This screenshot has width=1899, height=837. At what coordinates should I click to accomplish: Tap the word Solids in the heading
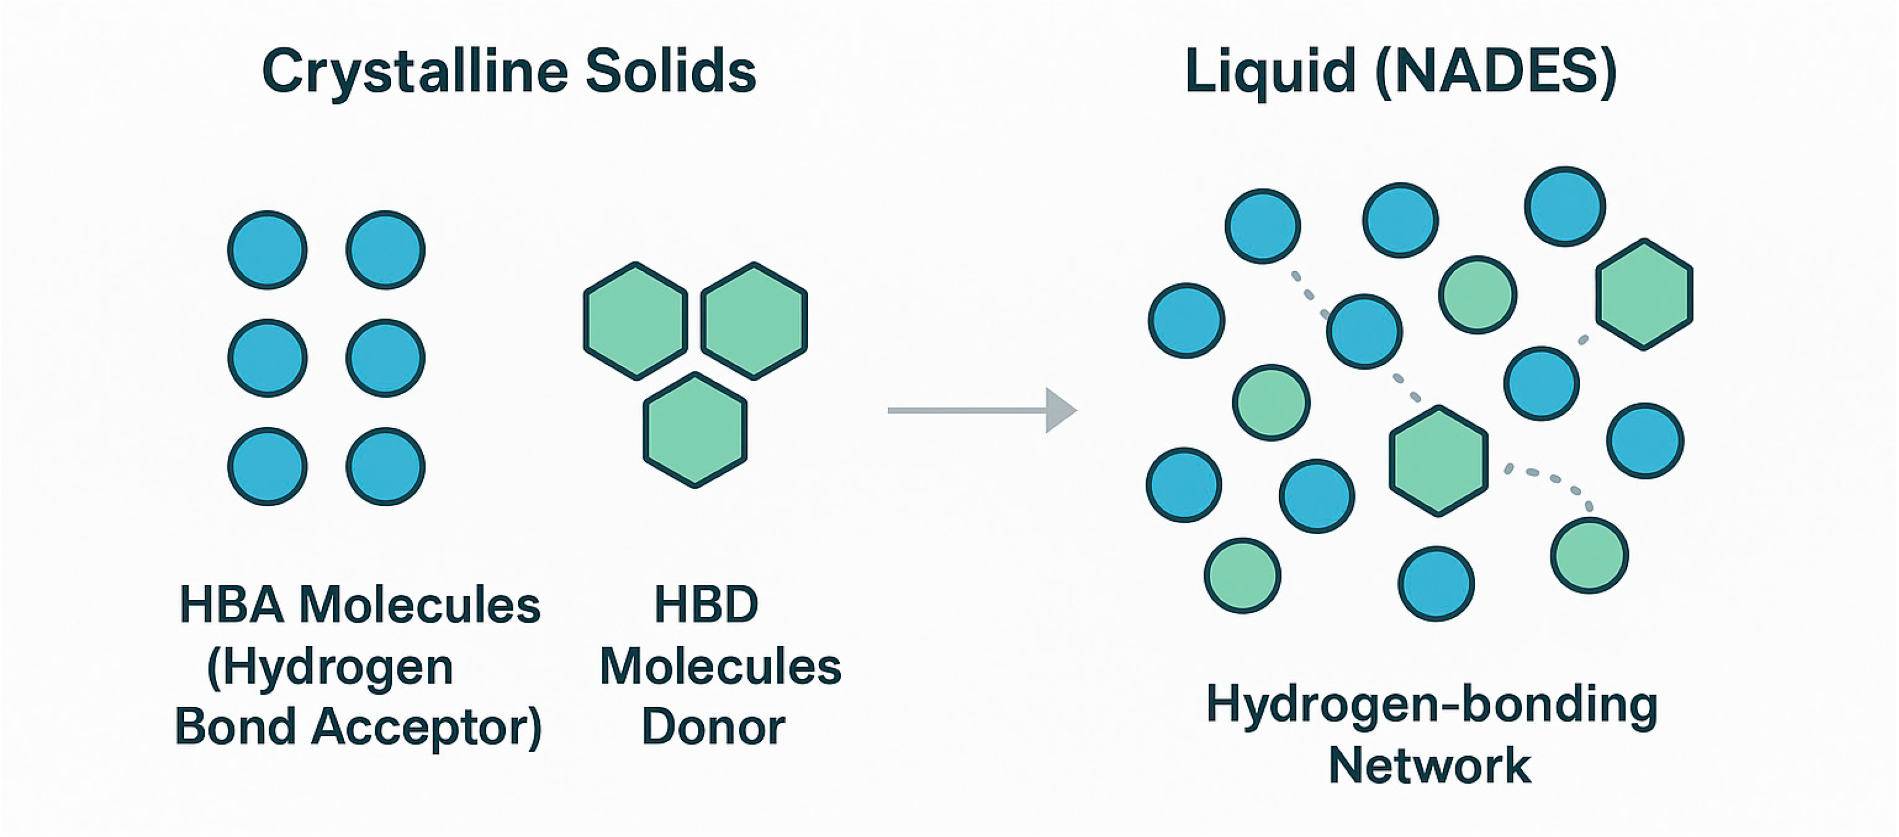click(x=670, y=71)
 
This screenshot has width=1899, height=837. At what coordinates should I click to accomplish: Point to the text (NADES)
click(x=1496, y=71)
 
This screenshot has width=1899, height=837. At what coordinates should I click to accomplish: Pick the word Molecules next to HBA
click(x=420, y=606)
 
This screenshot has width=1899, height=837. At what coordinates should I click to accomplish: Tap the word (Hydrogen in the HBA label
click(x=330, y=667)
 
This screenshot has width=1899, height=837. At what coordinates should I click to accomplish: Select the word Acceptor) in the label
click(x=427, y=726)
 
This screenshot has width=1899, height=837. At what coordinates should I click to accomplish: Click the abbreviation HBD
click(x=706, y=606)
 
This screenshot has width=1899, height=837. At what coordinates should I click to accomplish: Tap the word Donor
click(x=713, y=726)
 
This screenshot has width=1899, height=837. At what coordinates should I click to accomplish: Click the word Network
click(x=1430, y=766)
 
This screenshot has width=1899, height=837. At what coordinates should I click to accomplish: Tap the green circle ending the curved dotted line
click(x=1589, y=555)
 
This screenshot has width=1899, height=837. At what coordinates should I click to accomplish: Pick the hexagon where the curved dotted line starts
click(x=1438, y=460)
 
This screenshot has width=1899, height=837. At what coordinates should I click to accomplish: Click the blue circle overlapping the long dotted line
click(x=1364, y=332)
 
